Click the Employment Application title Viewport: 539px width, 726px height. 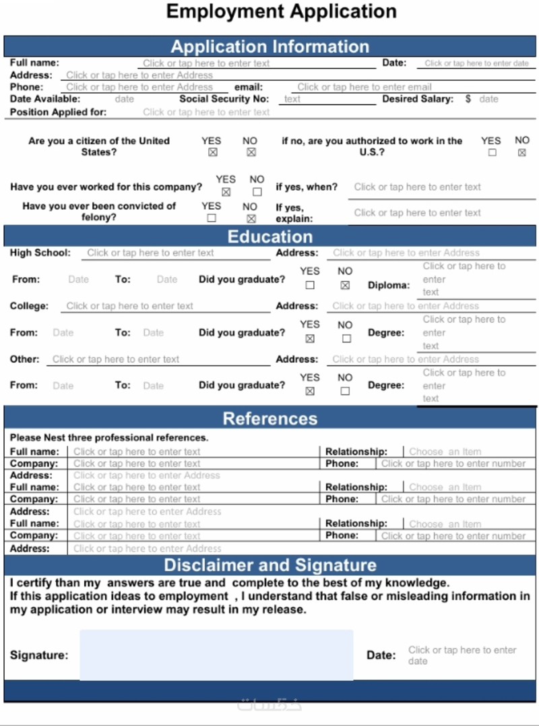(281, 11)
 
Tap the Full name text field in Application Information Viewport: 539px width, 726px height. (205, 63)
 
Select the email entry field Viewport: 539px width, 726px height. (364, 87)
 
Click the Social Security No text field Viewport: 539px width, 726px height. (328, 99)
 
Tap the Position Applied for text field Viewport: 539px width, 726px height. (205, 113)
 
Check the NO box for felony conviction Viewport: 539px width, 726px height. (251, 218)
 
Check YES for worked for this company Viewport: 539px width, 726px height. (226, 191)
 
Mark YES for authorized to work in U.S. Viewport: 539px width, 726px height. (493, 153)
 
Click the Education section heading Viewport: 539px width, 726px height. (269, 237)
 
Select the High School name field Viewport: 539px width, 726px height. (150, 253)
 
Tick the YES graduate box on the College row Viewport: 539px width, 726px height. (310, 338)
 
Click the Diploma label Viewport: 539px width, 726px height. (388, 285)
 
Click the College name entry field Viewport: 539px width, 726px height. (129, 306)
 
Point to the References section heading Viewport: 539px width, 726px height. (269, 419)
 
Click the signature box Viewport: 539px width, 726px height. (216, 655)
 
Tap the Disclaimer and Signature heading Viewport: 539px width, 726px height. (269, 565)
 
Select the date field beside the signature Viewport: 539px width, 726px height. (462, 655)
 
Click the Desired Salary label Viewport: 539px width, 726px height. (418, 99)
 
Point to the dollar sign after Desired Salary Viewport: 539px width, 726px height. (468, 99)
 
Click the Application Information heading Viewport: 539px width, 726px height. (269, 47)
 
